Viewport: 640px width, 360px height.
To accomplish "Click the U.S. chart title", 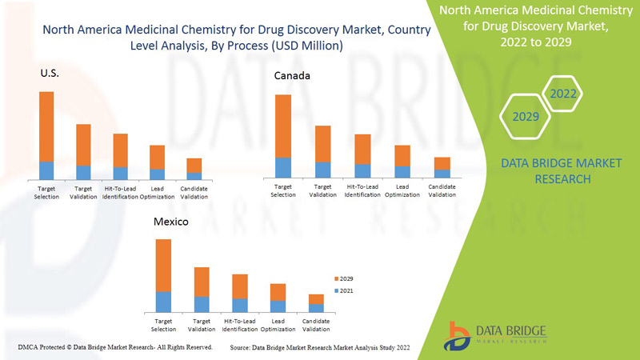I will click(x=50, y=73).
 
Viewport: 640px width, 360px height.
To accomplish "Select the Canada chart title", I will click(x=292, y=76).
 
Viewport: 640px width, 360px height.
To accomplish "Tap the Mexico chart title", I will click(x=170, y=222).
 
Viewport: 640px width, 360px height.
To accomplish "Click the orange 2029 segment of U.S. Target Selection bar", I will click(x=46, y=126).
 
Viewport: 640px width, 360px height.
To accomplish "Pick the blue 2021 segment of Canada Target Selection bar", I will click(x=283, y=167).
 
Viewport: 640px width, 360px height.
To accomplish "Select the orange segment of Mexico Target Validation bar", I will click(x=202, y=282).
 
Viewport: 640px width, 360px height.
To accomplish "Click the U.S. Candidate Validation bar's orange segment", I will click(x=194, y=165).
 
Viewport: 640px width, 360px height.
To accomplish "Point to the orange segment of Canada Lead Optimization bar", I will click(x=402, y=155).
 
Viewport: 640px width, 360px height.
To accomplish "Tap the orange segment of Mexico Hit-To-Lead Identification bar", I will click(x=240, y=286).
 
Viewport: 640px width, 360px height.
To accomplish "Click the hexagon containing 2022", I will click(x=562, y=94).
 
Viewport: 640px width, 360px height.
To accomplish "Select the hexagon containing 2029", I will click(x=526, y=117).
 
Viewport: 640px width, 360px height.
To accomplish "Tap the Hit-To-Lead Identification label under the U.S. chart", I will click(x=121, y=193).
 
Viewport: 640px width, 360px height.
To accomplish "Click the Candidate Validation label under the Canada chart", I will click(x=442, y=190).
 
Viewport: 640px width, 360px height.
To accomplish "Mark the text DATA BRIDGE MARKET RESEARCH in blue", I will click(x=560, y=170).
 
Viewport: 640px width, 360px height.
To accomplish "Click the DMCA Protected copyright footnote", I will click(x=115, y=347).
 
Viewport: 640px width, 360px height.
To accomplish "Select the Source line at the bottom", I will click(x=320, y=348).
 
